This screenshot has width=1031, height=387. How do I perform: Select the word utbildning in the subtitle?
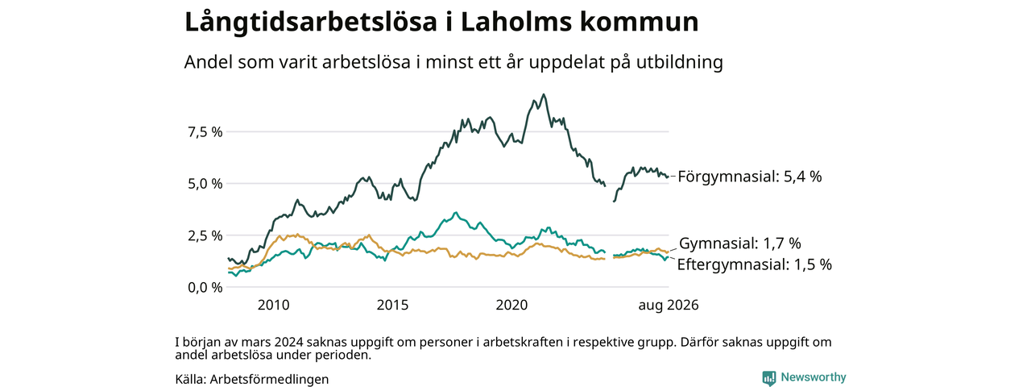pyautogui.click(x=680, y=62)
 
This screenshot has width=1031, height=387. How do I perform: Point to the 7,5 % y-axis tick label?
pyautogui.click(x=205, y=132)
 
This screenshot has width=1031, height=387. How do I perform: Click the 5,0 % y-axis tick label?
pyautogui.click(x=205, y=184)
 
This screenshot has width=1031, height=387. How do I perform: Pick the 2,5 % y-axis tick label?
pyautogui.click(x=205, y=236)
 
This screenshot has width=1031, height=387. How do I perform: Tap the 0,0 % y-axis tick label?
pyautogui.click(x=205, y=288)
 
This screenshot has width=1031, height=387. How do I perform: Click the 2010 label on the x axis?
pyautogui.click(x=273, y=305)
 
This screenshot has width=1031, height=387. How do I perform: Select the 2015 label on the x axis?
pyautogui.click(x=392, y=305)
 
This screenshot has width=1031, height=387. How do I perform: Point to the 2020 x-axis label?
pyautogui.click(x=511, y=305)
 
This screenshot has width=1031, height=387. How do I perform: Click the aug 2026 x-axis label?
pyautogui.click(x=669, y=306)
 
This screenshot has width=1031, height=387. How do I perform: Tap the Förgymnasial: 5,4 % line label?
pyautogui.click(x=750, y=177)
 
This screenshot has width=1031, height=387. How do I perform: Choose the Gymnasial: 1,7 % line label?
pyautogui.click(x=740, y=243)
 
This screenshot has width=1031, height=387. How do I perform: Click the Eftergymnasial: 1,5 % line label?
pyautogui.click(x=755, y=265)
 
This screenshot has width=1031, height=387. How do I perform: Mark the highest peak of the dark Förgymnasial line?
pyautogui.click(x=544, y=94)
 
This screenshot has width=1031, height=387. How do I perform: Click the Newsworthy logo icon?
pyautogui.click(x=769, y=378)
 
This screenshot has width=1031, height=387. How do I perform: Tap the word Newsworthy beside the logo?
pyautogui.click(x=814, y=377)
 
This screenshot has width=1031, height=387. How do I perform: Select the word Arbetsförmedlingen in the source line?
pyautogui.click(x=269, y=380)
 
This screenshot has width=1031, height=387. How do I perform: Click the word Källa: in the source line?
pyautogui.click(x=191, y=380)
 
